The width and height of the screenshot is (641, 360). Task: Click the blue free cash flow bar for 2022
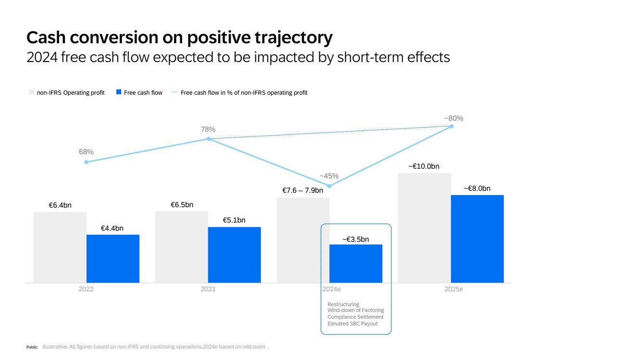[x=113, y=259]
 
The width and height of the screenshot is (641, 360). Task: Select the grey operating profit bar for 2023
[x=181, y=247]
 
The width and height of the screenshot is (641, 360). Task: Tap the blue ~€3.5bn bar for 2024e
[x=356, y=263]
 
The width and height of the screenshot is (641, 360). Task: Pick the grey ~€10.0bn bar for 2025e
[x=425, y=228]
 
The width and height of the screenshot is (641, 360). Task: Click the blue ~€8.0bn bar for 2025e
[x=477, y=239]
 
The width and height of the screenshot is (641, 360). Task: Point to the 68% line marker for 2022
[x=87, y=162]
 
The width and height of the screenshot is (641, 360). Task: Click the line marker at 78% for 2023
[x=209, y=139]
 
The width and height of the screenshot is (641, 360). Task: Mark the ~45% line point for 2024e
[x=329, y=186]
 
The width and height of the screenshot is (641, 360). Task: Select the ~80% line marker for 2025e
[x=451, y=126]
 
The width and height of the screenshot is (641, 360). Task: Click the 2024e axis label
[x=331, y=289]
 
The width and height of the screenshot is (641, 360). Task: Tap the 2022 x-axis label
[x=86, y=289]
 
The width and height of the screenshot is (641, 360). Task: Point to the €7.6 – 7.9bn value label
[x=302, y=190]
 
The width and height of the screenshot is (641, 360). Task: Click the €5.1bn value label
[x=234, y=220]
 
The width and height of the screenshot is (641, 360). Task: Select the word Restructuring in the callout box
[x=343, y=304]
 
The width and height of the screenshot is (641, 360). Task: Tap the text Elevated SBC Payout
[x=352, y=323]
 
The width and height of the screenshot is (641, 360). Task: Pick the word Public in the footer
[x=32, y=347]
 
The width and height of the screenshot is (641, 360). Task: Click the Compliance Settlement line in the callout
[x=355, y=317]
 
